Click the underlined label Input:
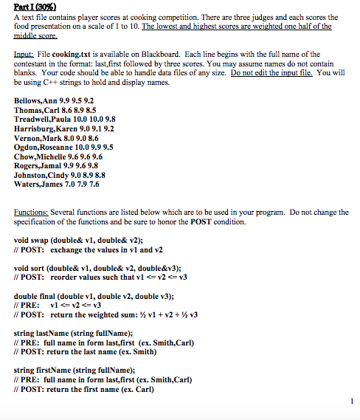[25, 54]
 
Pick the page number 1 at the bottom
[350, 402]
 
